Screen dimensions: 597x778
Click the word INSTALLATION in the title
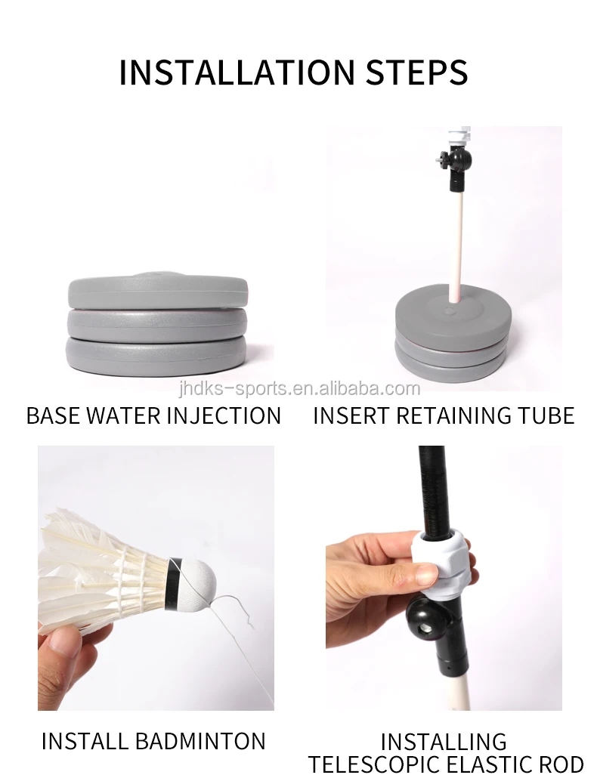tap(237, 73)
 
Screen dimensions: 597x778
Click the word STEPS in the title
tap(417, 73)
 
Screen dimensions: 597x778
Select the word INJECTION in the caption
tap(224, 415)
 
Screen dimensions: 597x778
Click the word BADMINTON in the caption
tap(200, 741)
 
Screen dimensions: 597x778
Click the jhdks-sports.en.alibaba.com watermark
tap(299, 388)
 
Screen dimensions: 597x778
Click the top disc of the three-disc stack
tap(157, 291)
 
